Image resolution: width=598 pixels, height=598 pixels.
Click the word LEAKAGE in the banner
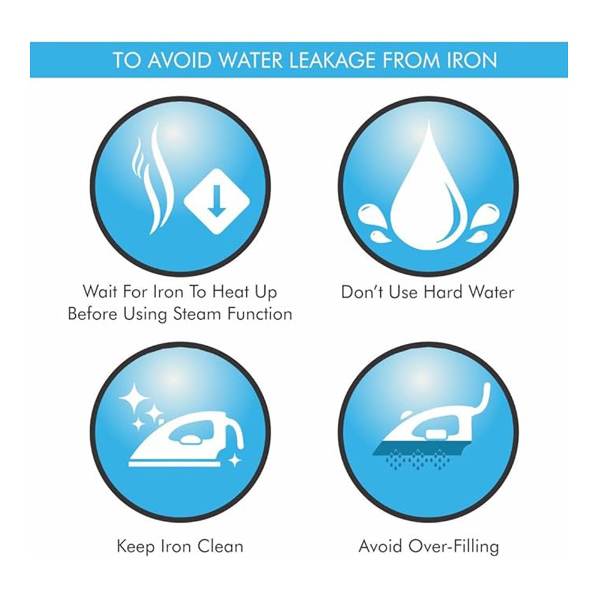[x=333, y=60]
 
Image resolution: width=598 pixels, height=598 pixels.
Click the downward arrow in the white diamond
[x=216, y=201]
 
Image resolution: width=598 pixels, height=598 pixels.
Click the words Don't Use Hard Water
[x=428, y=292]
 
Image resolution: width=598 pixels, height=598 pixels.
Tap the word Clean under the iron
[x=221, y=546]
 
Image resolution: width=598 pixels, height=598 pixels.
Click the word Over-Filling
[x=453, y=546]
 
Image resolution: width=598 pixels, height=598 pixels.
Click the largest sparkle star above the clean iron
[x=134, y=398]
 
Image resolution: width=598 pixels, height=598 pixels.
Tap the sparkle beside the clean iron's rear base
[x=234, y=460]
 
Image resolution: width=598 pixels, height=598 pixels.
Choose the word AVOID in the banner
[x=179, y=60]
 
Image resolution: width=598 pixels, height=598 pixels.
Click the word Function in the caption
[x=260, y=314]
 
